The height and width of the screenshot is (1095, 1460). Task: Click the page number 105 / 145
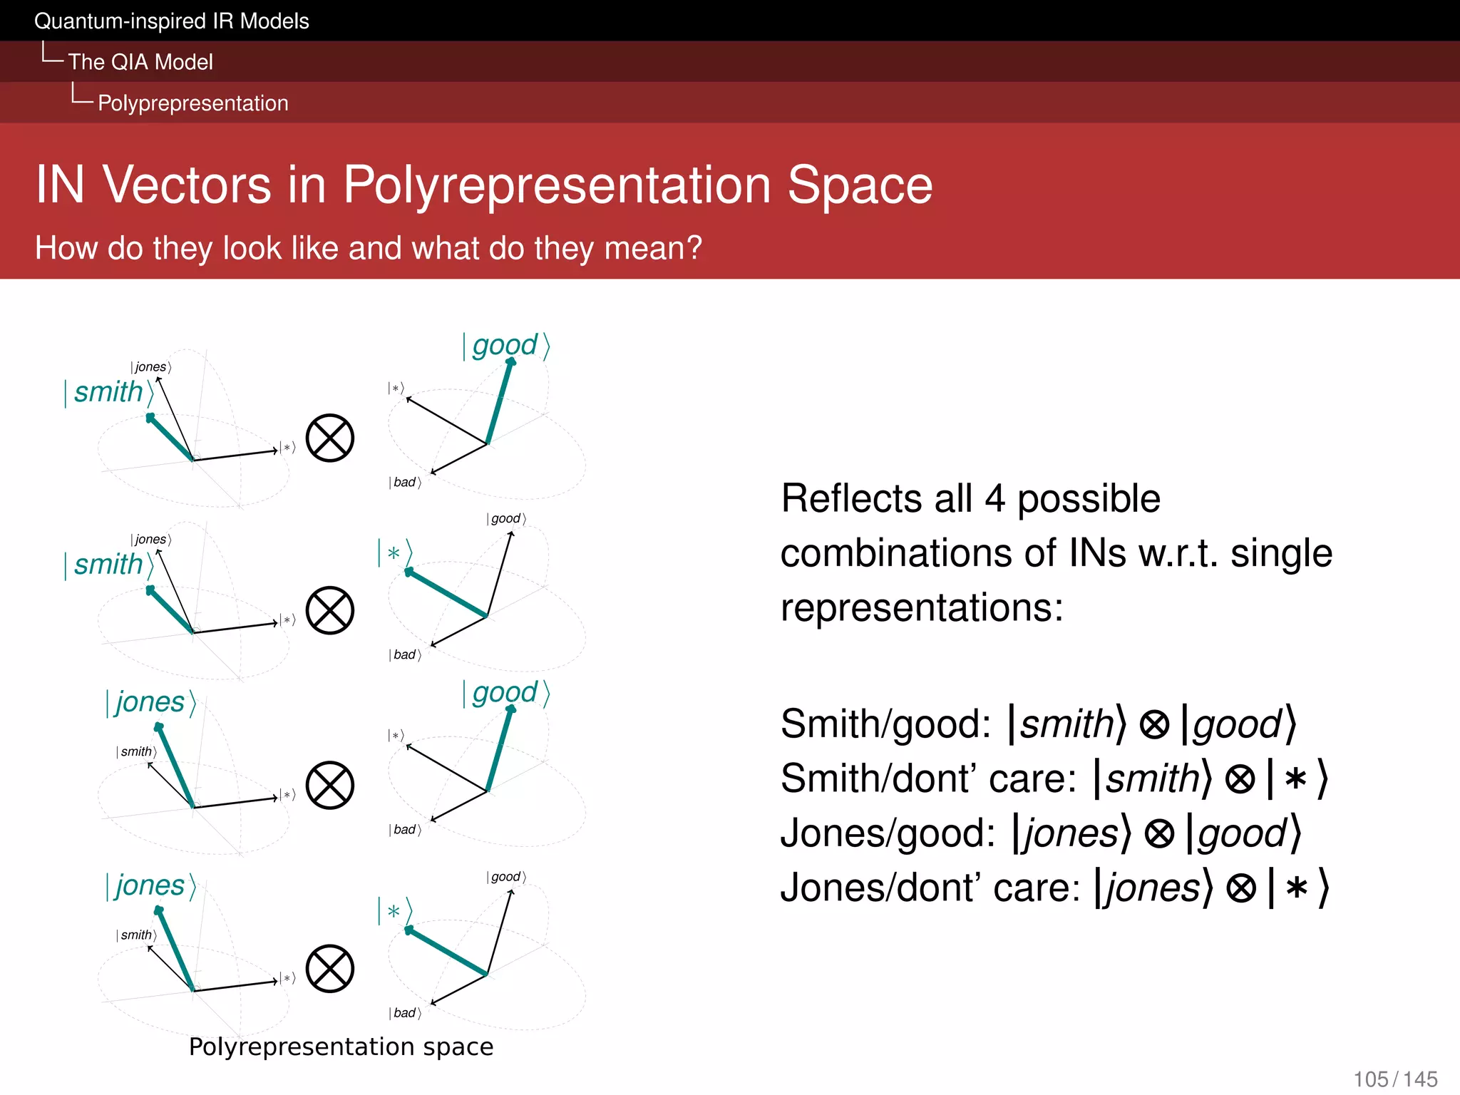[1395, 1079]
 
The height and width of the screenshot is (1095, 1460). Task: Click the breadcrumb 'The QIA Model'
[140, 62]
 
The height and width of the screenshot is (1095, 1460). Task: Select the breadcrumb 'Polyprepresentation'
[192, 103]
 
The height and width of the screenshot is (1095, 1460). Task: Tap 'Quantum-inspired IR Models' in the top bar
[171, 21]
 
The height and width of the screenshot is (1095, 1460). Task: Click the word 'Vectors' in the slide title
[186, 185]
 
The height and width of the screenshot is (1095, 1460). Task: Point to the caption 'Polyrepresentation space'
[341, 1047]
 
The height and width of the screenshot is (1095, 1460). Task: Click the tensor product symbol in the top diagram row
[330, 438]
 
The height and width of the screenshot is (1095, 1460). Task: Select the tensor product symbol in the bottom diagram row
[330, 969]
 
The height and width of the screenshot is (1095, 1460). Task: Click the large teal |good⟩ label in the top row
[506, 346]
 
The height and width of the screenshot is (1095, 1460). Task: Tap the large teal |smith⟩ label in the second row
[109, 565]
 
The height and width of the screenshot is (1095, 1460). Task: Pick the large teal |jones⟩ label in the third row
[150, 702]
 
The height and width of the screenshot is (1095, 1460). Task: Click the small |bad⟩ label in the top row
[405, 483]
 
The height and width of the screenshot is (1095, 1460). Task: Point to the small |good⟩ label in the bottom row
[506, 877]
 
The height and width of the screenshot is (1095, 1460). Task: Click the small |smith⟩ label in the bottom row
[136, 935]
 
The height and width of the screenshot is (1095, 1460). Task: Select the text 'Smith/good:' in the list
[885, 724]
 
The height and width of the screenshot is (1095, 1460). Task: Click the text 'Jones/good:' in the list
[888, 833]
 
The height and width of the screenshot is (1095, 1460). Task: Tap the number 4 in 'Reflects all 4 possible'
[994, 498]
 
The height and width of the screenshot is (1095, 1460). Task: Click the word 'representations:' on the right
[921, 607]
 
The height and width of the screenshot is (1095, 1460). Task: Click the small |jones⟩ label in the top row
[150, 367]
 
